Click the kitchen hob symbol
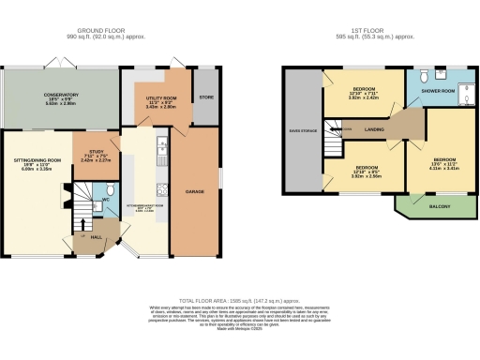161,187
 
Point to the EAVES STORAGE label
302,131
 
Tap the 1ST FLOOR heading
371,31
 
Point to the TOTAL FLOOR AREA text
241,292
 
